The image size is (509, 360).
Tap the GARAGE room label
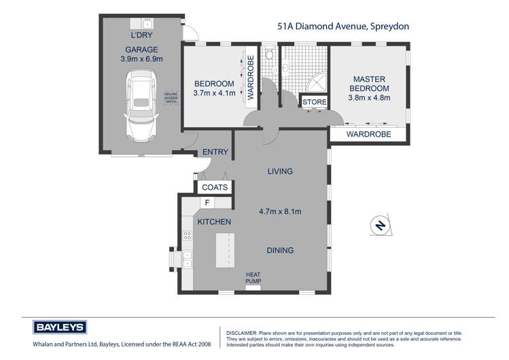(x=141, y=50)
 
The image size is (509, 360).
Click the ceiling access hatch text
(x=171, y=98)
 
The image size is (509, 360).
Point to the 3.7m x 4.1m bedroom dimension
(x=213, y=93)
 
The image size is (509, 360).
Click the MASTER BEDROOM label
(x=369, y=84)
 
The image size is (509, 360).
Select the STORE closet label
(x=315, y=102)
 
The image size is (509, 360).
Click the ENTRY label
(x=215, y=152)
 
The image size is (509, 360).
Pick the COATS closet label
(x=215, y=187)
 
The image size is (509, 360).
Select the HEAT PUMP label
(x=253, y=278)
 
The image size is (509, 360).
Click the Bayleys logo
(x=59, y=327)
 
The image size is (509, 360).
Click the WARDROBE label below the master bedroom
(x=369, y=134)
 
